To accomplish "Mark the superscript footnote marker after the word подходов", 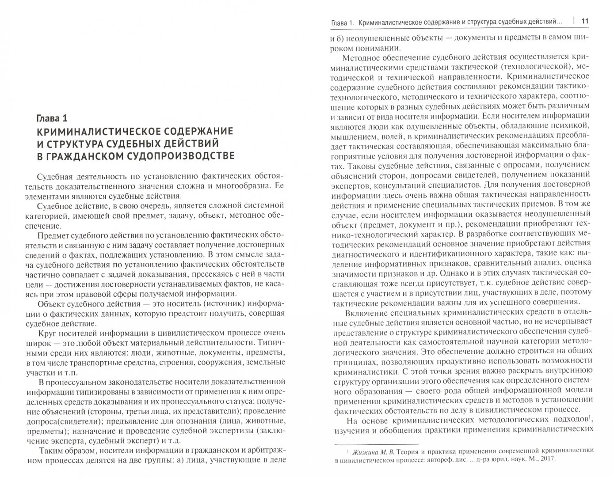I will tap(590, 416).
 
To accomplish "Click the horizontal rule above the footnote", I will tap(375, 433).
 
